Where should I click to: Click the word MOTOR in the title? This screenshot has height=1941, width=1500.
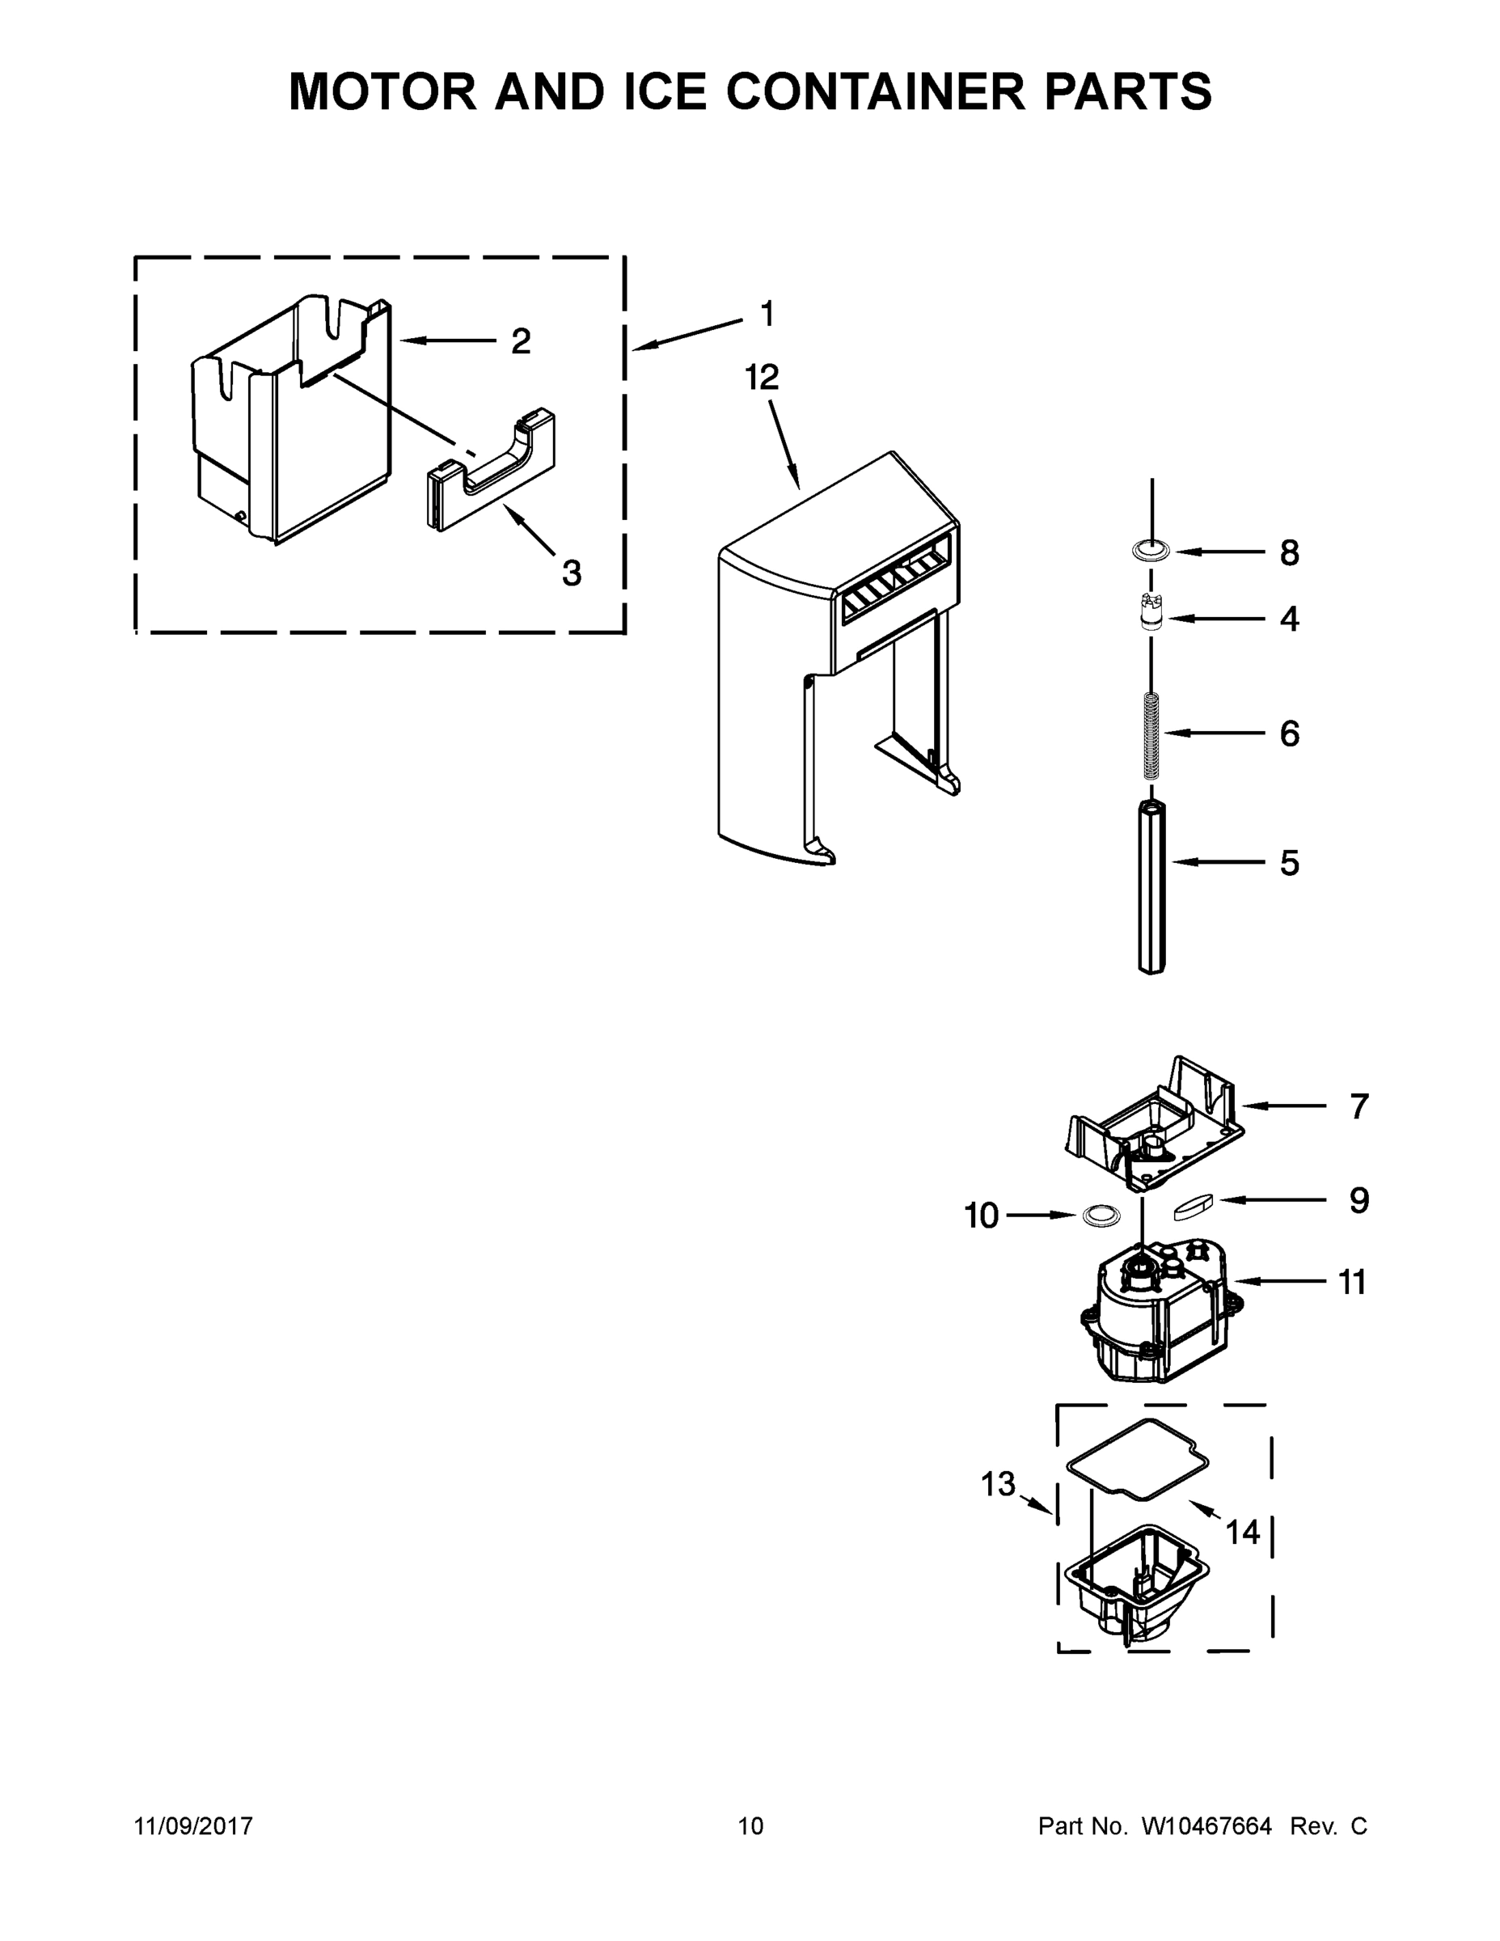[383, 91]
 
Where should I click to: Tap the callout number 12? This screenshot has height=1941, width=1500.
[762, 378]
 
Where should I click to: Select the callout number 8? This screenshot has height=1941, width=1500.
[1288, 553]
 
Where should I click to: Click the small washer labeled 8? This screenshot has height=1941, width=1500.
[1151, 552]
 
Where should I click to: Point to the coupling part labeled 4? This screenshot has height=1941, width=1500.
[1151, 612]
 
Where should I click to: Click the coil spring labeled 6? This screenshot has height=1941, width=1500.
[1151, 734]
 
